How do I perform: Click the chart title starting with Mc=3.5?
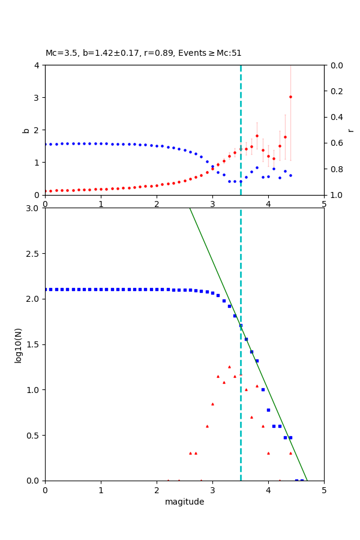[x=143, y=53]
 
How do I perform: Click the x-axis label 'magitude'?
[x=184, y=502]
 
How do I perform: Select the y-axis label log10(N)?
[x=18, y=344]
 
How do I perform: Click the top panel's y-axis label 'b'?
[x=26, y=130]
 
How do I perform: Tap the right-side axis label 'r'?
[x=350, y=130]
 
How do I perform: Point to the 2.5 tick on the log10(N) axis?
[x=34, y=253]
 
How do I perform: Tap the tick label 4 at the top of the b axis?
[x=37, y=65]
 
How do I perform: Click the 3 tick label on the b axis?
[x=37, y=97]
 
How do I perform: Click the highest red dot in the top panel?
[x=290, y=97]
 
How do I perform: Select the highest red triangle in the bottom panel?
[x=229, y=367]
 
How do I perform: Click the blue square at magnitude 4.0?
[x=268, y=410]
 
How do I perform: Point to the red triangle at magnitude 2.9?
[x=207, y=426]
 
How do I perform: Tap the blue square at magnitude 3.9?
[x=263, y=389]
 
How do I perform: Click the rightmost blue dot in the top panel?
[x=290, y=175]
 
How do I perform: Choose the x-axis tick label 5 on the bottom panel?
[x=324, y=490]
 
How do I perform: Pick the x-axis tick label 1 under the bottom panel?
[x=101, y=490]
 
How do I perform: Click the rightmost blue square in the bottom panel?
[x=302, y=480]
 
